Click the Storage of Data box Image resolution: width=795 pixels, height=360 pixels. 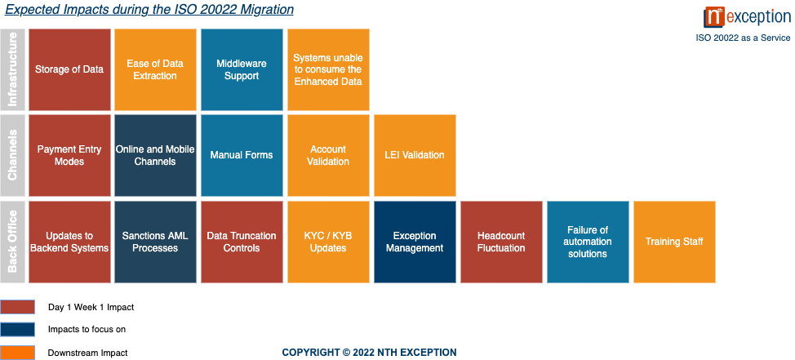tap(69, 69)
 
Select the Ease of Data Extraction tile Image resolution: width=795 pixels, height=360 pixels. tap(155, 69)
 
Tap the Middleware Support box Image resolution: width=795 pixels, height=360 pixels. tap(242, 69)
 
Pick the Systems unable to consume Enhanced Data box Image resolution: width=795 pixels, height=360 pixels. tap(328, 69)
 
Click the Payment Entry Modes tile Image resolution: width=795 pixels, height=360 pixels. tap(69, 155)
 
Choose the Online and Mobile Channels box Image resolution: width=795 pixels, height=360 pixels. tap(155, 155)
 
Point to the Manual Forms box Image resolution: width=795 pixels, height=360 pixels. tap(242, 155)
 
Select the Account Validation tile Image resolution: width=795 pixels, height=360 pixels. tap(328, 155)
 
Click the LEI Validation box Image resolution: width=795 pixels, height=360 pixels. tap(415, 155)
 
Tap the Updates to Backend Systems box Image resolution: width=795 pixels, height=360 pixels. tap(69, 242)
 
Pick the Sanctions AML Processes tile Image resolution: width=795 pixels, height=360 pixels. tap(155, 242)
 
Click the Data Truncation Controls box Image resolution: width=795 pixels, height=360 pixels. tap(242, 242)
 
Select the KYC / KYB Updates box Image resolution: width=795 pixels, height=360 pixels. tap(328, 242)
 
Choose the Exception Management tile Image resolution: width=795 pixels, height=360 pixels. tap(415, 242)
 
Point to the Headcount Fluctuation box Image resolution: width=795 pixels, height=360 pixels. tap(501, 242)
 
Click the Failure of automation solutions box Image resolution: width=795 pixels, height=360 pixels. tap(588, 242)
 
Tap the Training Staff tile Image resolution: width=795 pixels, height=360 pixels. tap(674, 242)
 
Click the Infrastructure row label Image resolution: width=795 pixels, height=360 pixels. tap(12, 69)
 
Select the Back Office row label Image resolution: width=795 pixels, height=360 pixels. tap(12, 242)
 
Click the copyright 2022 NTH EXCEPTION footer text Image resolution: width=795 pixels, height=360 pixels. tap(369, 352)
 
